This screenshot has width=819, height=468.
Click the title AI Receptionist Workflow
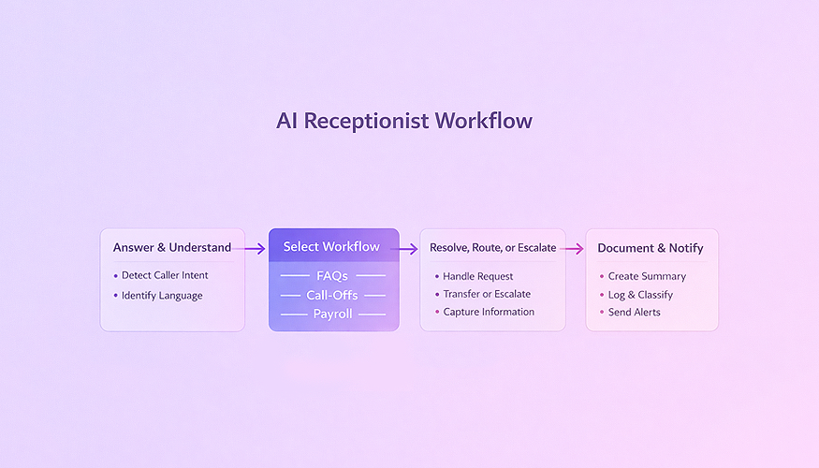tap(404, 122)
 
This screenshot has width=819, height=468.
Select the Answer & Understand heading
tap(172, 248)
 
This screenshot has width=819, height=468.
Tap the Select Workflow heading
tap(332, 247)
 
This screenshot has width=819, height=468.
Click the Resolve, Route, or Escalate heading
tap(492, 248)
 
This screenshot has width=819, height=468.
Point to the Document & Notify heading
tap(651, 248)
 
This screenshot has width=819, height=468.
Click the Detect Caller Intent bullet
tap(165, 275)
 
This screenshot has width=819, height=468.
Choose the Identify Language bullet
tap(162, 296)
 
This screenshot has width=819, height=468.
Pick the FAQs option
tap(333, 276)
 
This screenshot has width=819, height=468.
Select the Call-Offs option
tap(333, 295)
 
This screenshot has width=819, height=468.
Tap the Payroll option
tap(333, 314)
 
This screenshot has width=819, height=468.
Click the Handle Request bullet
tap(478, 276)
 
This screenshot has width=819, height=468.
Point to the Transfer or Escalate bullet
tap(487, 294)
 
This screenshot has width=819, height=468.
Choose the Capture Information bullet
tap(489, 312)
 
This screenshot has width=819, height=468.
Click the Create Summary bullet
tap(647, 276)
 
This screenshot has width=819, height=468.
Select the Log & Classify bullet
tap(640, 294)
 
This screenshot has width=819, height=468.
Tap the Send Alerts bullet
tap(634, 312)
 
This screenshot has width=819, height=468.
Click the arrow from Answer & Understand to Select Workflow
tap(250, 248)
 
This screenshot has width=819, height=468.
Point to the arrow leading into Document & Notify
tap(572, 249)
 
